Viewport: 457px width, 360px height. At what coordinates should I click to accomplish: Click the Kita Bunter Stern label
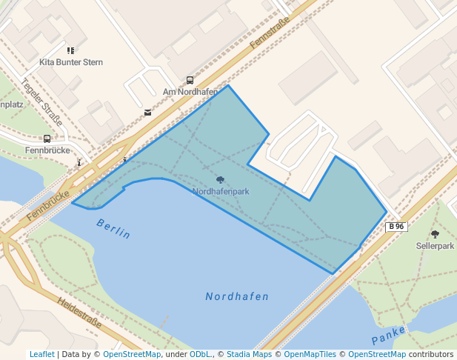pos(71,62)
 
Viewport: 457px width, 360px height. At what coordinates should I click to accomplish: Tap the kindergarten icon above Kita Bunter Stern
pos(71,50)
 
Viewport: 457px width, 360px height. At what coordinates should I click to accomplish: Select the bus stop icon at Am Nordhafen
pos(190,80)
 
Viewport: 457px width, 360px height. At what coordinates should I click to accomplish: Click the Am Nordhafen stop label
pos(190,92)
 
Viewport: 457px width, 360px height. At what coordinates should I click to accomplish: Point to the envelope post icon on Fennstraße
pos(147,113)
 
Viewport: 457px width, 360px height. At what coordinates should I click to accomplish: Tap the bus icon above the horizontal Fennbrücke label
pos(47,139)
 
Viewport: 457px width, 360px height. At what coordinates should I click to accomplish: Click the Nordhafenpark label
pos(221,191)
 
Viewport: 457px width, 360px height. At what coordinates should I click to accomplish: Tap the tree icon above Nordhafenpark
pos(220,180)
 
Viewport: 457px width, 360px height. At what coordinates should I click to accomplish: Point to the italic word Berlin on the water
pos(113,229)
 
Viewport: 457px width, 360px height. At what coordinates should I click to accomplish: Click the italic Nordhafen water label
pos(237,296)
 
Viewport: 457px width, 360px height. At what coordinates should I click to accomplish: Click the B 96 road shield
pos(396,227)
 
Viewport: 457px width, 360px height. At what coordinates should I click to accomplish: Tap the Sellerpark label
pos(435,244)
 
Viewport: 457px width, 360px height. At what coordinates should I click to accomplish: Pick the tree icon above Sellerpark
pos(435,234)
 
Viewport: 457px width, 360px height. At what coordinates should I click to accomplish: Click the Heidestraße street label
pos(79,313)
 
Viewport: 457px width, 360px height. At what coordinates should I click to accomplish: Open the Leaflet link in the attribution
pos(41,354)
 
